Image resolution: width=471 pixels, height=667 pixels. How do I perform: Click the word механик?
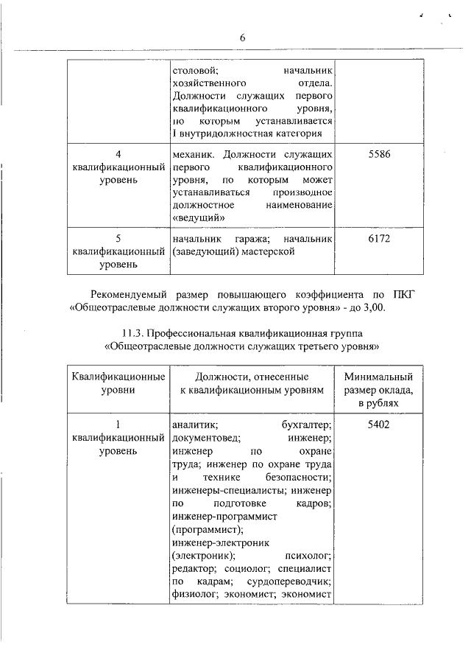click(193, 154)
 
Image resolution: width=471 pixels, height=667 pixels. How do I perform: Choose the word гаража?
click(243, 240)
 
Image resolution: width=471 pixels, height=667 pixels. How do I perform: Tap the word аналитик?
click(193, 425)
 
